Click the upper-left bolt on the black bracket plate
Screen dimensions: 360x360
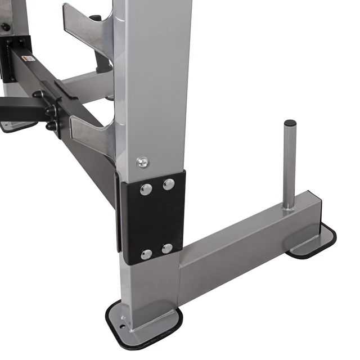(146, 189)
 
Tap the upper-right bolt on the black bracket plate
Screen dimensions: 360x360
(168, 184)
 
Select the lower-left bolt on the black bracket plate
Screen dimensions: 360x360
(146, 254)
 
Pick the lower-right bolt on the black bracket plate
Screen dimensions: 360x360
(167, 248)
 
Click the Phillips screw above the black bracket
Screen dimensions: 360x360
(143, 163)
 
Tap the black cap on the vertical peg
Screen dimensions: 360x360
(290, 123)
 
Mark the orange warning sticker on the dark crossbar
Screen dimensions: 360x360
(26, 58)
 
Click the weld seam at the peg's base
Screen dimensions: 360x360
(289, 208)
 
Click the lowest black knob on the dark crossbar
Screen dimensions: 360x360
(52, 127)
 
